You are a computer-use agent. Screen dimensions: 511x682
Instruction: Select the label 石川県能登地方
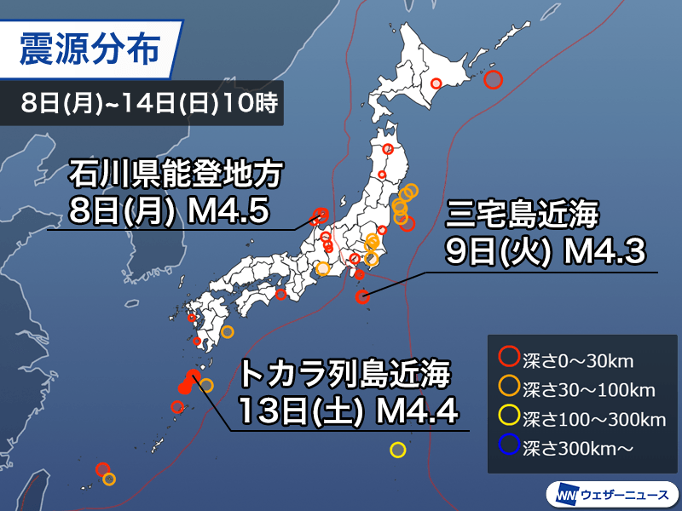174,177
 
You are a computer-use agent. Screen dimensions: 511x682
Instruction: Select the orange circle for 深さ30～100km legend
509,388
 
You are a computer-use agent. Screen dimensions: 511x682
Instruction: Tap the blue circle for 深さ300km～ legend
509,445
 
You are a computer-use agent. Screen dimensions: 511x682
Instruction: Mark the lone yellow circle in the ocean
397,450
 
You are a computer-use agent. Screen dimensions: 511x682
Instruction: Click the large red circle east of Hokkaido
493,80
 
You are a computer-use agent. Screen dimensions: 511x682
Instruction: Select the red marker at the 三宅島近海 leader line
362,297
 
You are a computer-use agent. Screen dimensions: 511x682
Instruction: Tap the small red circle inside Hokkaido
436,83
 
